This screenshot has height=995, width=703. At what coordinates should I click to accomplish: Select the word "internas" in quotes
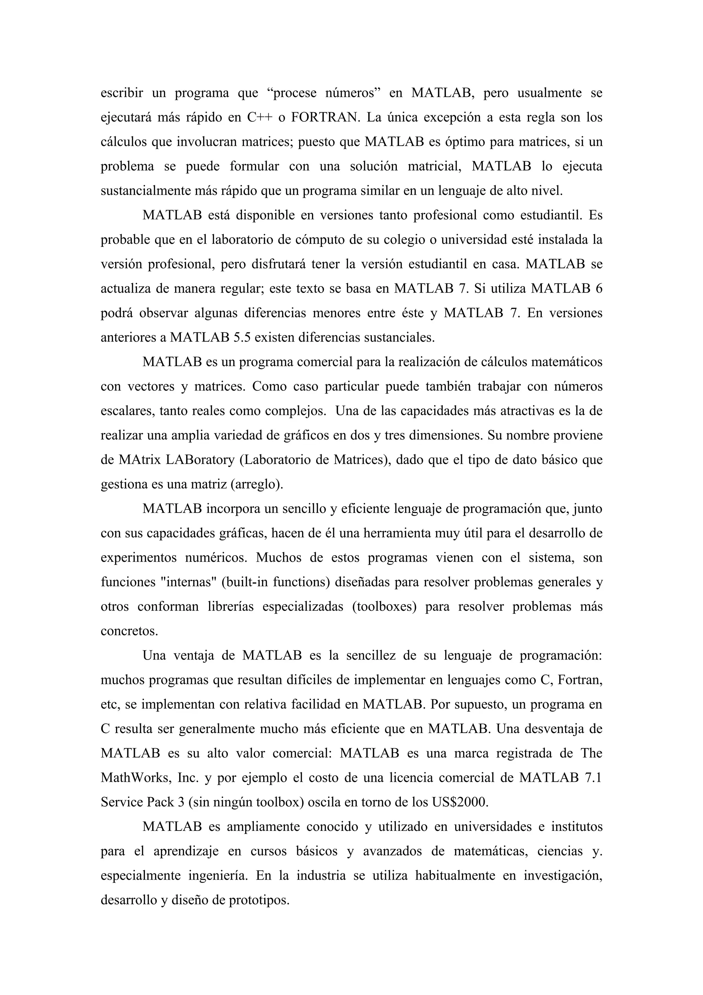[188, 582]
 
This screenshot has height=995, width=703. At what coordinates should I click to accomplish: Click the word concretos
[129, 630]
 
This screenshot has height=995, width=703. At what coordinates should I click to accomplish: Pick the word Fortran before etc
[579, 679]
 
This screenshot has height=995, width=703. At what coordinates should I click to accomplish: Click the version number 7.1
[593, 777]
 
